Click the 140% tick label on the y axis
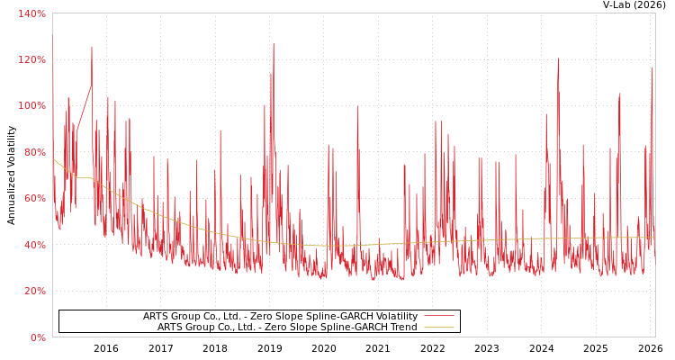click(31, 13)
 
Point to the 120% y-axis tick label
click(31, 59)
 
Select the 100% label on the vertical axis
click(31, 106)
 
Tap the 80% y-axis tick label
click(34, 152)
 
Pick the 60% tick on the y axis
click(34, 199)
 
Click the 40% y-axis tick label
click(34, 245)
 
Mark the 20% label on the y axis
click(34, 292)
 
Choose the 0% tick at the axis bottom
click(37, 337)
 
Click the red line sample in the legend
click(438, 316)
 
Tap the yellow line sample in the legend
click(438, 327)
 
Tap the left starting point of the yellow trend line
click(53, 159)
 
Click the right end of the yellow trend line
click(654, 238)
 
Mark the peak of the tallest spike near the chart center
click(274, 44)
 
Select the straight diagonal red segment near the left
click(84, 108)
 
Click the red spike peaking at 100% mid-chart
click(358, 107)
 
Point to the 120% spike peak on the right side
click(558, 59)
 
